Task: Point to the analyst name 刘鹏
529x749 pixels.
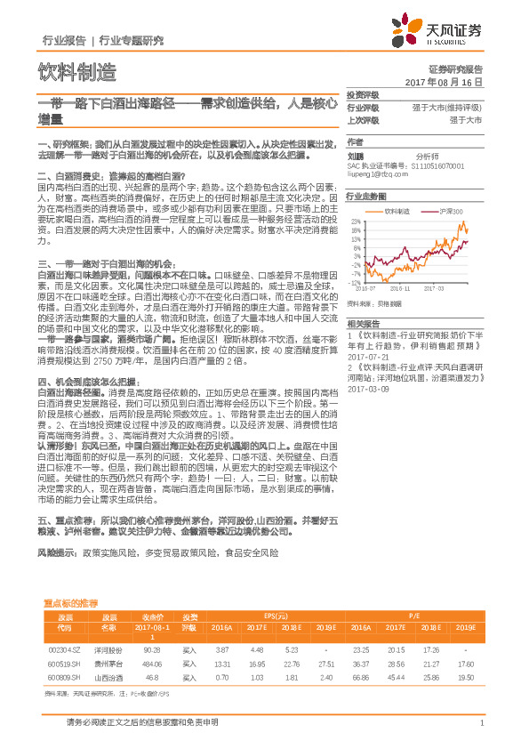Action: click(356, 157)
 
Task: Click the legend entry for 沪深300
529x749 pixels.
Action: click(452, 212)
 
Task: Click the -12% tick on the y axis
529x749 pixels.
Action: click(356, 282)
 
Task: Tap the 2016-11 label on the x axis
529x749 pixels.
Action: click(401, 288)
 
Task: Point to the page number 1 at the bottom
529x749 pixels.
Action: click(480, 722)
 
